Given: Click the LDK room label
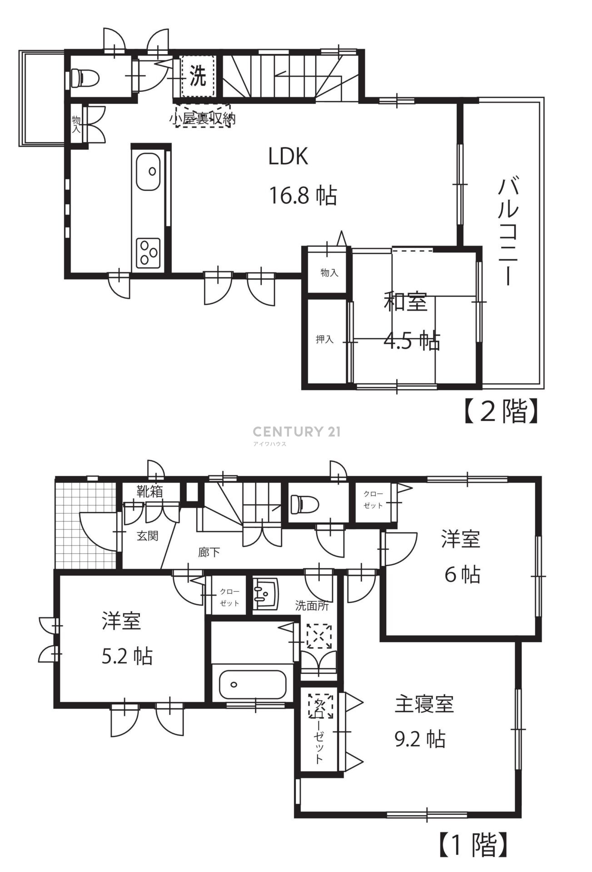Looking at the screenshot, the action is point(288,157).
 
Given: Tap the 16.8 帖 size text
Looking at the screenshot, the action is point(303,196).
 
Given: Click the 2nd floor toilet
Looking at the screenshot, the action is point(85,77).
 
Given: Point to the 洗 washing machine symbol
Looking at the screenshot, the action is point(197,76).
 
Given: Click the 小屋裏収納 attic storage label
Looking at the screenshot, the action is point(203,119).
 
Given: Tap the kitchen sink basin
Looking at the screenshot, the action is point(148,172).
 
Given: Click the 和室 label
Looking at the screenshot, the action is point(406,302).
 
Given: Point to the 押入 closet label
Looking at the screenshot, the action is point(325,339).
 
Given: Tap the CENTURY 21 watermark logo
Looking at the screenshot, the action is point(296,434).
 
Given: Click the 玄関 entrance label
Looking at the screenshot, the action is point(148,536).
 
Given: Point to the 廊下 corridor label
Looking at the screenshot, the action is point(209,553).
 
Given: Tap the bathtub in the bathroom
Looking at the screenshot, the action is point(252,684).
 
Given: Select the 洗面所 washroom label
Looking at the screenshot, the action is point(312,605).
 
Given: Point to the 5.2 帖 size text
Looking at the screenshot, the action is point(127,656).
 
